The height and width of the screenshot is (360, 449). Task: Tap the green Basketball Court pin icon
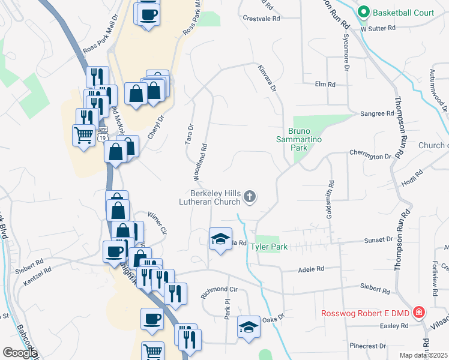[363, 12]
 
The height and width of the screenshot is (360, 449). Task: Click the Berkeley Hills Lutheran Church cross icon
[250, 196]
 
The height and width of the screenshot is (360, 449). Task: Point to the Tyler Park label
[269, 247]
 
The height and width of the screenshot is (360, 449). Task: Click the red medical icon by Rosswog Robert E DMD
[418, 313]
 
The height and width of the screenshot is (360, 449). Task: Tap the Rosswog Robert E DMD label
[364, 313]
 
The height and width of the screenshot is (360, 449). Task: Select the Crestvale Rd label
[262, 19]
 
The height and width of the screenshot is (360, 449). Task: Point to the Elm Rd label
[325, 84]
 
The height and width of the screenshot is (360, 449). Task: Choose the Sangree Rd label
[377, 113]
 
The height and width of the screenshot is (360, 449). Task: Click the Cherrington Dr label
[370, 156]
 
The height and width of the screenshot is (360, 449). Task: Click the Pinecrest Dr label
[369, 346]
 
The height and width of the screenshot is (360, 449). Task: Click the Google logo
[19, 353]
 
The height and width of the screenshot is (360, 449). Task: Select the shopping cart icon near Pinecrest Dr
[153, 352]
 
